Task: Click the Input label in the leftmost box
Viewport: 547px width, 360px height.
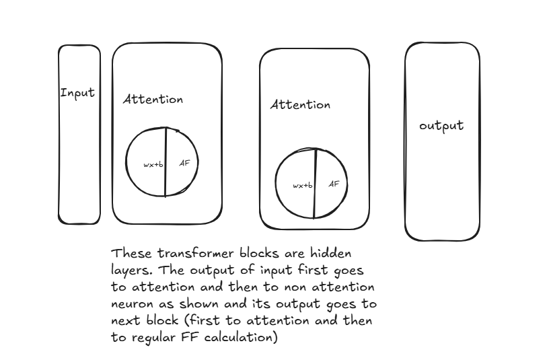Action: [77, 93]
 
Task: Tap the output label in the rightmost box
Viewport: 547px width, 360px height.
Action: [441, 126]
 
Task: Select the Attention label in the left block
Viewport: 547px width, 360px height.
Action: [153, 99]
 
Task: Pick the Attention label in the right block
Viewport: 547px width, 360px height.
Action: [300, 105]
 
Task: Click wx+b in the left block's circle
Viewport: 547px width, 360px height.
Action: [153, 164]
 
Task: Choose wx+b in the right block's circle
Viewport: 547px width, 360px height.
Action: [302, 186]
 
